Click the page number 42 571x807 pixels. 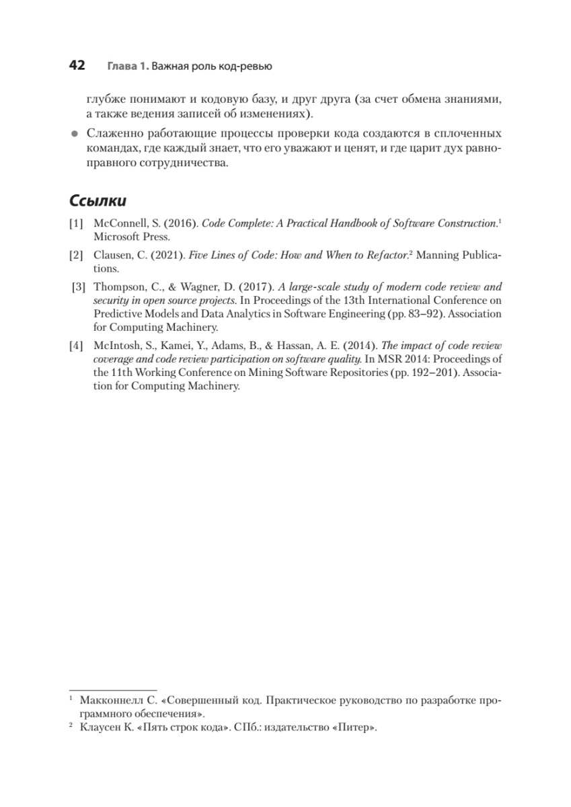point(77,65)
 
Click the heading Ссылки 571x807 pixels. point(98,200)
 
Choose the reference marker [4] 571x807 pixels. point(76,346)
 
